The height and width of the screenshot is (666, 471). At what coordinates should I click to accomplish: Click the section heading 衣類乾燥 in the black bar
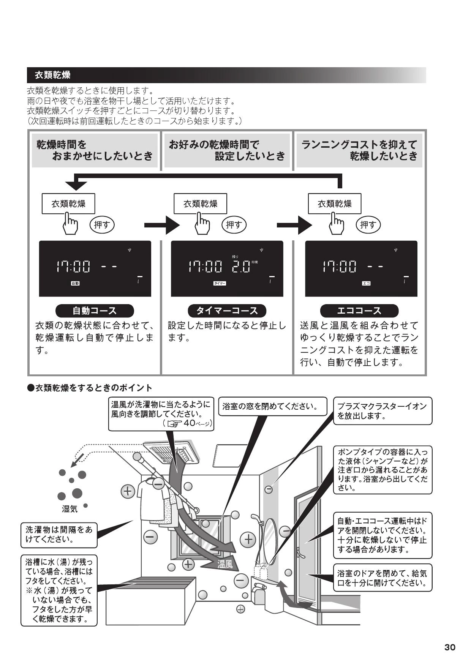click(x=52, y=75)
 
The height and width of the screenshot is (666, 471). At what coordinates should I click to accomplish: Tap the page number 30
click(x=450, y=647)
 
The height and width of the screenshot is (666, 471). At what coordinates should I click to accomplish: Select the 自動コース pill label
click(x=95, y=311)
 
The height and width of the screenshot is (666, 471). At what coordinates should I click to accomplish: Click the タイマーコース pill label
click(x=227, y=311)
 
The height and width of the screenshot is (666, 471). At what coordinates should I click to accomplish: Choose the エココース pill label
click(x=359, y=311)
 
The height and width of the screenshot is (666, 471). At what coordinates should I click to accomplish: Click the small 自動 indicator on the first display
click(x=75, y=283)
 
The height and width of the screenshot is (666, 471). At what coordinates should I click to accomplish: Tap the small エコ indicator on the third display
click(x=366, y=283)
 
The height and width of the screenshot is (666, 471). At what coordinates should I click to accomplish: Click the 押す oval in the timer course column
click(x=234, y=225)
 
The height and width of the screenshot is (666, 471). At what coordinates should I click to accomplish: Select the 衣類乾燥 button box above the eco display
click(x=335, y=204)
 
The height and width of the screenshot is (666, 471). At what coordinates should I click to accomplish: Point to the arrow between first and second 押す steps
click(x=162, y=225)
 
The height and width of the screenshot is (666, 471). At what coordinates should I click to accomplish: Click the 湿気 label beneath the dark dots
click(x=70, y=509)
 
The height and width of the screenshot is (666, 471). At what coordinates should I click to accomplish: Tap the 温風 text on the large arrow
click(x=225, y=565)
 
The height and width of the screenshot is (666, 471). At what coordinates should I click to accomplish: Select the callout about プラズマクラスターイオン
click(x=383, y=411)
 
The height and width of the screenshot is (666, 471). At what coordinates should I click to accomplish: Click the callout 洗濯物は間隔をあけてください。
click(x=59, y=534)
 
